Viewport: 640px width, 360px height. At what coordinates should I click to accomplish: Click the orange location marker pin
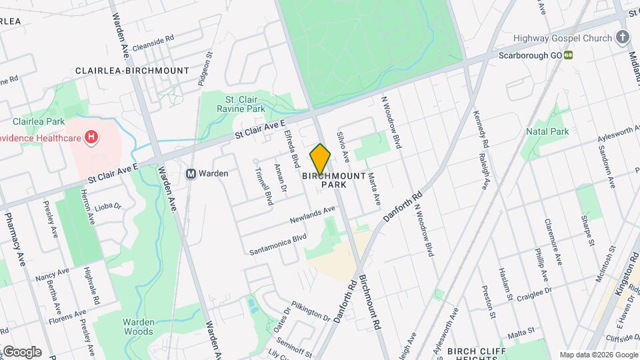[x=321, y=159]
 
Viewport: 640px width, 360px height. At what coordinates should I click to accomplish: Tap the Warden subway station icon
[x=191, y=173]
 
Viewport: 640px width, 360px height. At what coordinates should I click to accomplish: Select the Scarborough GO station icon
[x=569, y=55]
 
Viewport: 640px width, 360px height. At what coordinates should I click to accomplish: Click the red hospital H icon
[x=92, y=138]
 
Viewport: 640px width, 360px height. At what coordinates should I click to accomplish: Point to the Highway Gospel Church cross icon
[x=623, y=38]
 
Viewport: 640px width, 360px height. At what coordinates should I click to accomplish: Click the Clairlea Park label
[x=38, y=121]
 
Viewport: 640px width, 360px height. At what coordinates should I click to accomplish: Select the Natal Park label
[x=547, y=131]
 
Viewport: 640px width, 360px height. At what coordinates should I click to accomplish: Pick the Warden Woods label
[x=138, y=326]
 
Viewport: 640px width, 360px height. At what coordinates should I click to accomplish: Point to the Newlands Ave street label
[x=312, y=215]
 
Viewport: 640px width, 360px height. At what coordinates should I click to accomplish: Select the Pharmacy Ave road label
[x=15, y=239]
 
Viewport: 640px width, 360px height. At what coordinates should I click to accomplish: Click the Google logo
[x=21, y=352]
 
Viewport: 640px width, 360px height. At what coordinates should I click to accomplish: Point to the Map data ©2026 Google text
[x=598, y=355]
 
